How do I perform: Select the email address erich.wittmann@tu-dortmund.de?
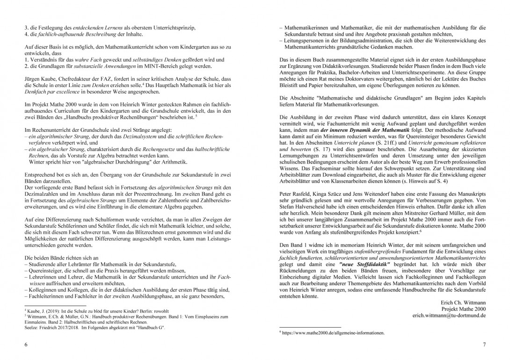tap(449, 316)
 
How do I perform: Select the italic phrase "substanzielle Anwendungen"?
tap(96, 67)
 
